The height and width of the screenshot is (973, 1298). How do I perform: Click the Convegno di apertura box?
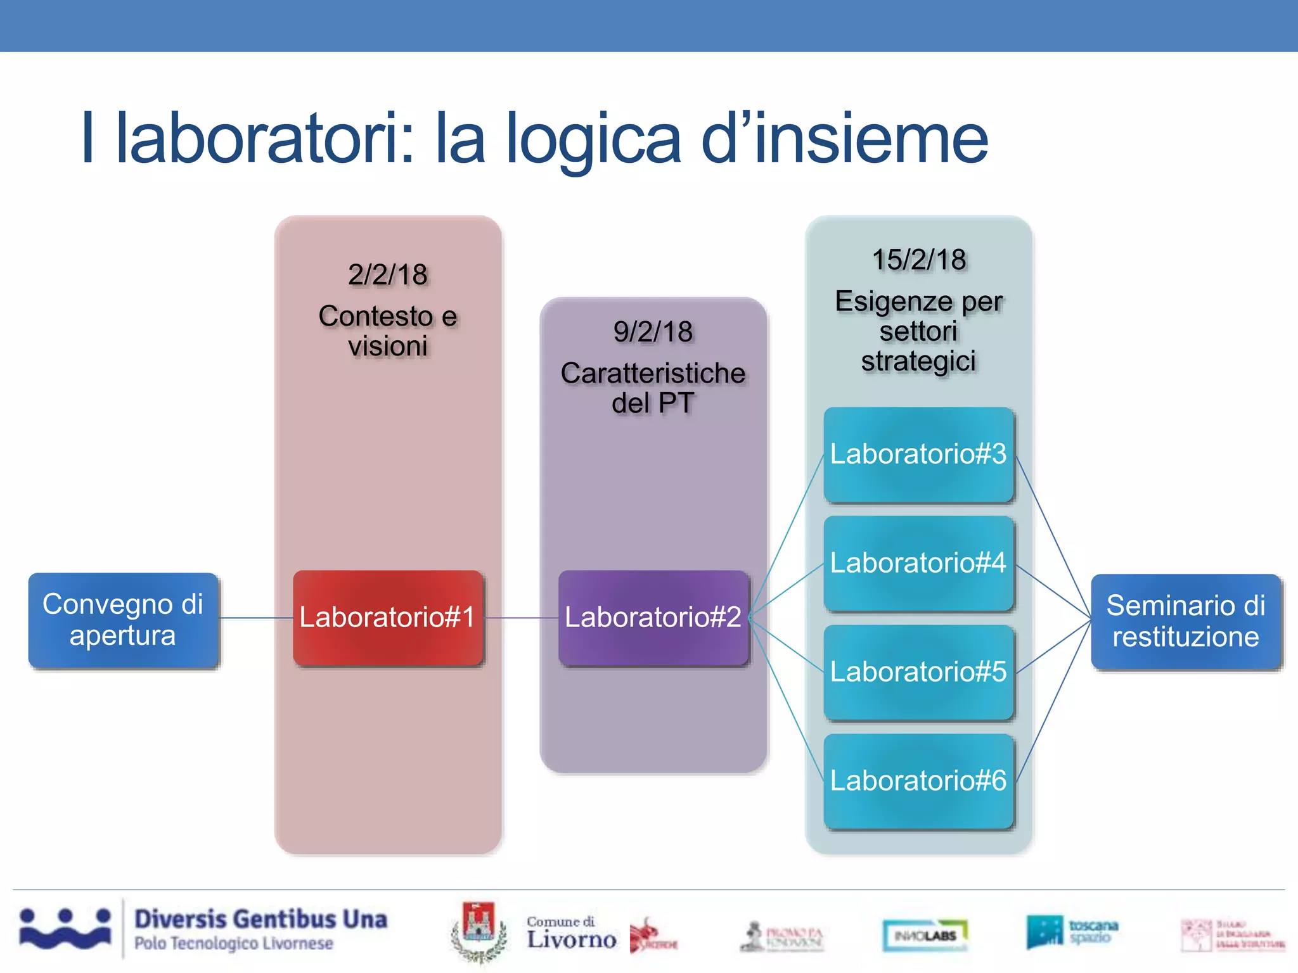click(123, 620)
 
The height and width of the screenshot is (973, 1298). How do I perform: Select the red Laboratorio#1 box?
click(387, 618)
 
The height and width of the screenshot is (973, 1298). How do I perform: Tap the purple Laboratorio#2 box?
click(653, 618)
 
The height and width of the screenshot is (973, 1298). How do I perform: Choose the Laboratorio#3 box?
click(918, 454)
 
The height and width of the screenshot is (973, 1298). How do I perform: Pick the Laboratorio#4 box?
click(918, 563)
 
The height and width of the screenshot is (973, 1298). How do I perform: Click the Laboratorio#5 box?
click(918, 672)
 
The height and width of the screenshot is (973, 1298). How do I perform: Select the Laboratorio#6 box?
click(918, 781)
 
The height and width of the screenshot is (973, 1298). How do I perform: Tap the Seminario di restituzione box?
click(1185, 621)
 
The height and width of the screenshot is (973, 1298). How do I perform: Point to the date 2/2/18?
click(387, 275)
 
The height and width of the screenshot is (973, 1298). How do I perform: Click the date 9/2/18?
click(653, 332)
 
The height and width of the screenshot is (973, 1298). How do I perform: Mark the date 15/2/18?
click(918, 260)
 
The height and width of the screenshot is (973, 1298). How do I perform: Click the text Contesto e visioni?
click(387, 331)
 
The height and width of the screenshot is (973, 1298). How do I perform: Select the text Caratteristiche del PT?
click(653, 388)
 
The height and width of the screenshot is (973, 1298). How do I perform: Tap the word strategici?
click(918, 362)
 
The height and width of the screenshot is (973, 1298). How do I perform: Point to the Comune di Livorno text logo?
click(570, 933)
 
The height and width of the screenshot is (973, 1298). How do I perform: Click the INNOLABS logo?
click(925, 935)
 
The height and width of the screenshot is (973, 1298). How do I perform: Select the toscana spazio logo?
click(1072, 932)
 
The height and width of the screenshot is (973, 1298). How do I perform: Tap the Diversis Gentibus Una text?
click(260, 919)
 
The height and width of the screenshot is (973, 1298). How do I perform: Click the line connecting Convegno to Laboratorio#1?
click(256, 618)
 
